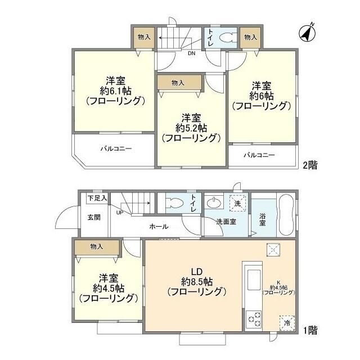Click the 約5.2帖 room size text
[191, 128]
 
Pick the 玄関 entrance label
[93, 217]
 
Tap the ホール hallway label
[158, 227]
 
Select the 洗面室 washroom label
[226, 222]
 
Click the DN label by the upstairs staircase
[191, 54]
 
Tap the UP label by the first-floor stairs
[119, 213]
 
